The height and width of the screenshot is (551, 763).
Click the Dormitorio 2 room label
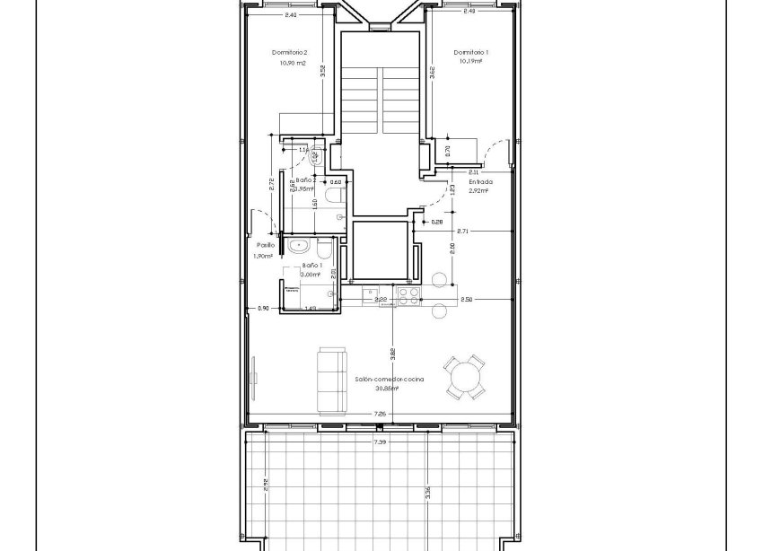click(290, 53)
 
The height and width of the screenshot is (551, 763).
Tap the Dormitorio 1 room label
click(470, 53)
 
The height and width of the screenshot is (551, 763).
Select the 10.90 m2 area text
click(292, 64)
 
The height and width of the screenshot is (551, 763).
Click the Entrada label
click(480, 181)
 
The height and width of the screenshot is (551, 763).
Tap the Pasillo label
click(265, 245)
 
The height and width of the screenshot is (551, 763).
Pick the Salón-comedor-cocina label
click(389, 380)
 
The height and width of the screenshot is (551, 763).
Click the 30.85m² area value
click(389, 389)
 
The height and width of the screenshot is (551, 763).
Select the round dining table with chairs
click(465, 376)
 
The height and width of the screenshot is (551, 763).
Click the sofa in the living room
click(331, 380)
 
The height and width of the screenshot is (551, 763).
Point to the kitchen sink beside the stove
click(373, 293)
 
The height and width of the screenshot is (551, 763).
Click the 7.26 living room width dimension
click(380, 414)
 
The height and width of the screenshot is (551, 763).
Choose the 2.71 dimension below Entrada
click(462, 232)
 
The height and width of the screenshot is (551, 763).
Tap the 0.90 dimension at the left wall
click(263, 308)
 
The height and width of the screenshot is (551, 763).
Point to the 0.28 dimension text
click(436, 222)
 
